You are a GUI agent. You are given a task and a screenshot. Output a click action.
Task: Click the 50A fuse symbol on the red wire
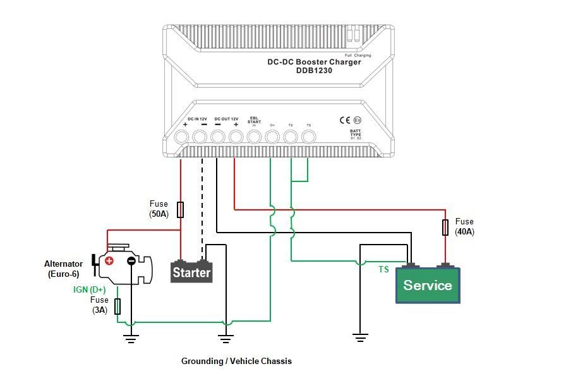click(x=181, y=210)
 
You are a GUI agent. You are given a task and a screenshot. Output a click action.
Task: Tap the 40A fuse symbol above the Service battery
click(x=446, y=227)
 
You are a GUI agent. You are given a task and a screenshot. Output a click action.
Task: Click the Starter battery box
click(x=191, y=273)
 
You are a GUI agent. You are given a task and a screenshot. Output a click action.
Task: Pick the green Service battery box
click(x=428, y=286)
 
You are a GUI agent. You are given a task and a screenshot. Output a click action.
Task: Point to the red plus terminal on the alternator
click(x=109, y=260)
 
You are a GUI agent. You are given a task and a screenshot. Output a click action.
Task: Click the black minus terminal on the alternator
click(x=131, y=260)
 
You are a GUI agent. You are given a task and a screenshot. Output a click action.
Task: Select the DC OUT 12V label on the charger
click(x=226, y=119)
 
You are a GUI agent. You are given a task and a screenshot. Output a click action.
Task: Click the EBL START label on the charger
click(x=254, y=119)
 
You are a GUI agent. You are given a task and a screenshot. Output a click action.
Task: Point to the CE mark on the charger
click(x=346, y=119)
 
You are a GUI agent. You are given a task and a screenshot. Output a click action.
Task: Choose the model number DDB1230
click(x=313, y=71)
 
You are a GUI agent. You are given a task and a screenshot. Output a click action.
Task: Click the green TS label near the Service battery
click(x=383, y=269)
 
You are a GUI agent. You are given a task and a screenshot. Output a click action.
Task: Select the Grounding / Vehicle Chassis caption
click(x=236, y=361)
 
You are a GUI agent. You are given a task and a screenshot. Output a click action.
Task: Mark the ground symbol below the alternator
click(x=131, y=340)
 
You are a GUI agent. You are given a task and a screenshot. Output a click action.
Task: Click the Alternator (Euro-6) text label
click(x=63, y=269)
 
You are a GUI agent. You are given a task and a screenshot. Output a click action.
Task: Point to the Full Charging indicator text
click(x=358, y=56)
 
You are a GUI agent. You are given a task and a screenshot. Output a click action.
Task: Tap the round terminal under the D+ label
click(x=272, y=137)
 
